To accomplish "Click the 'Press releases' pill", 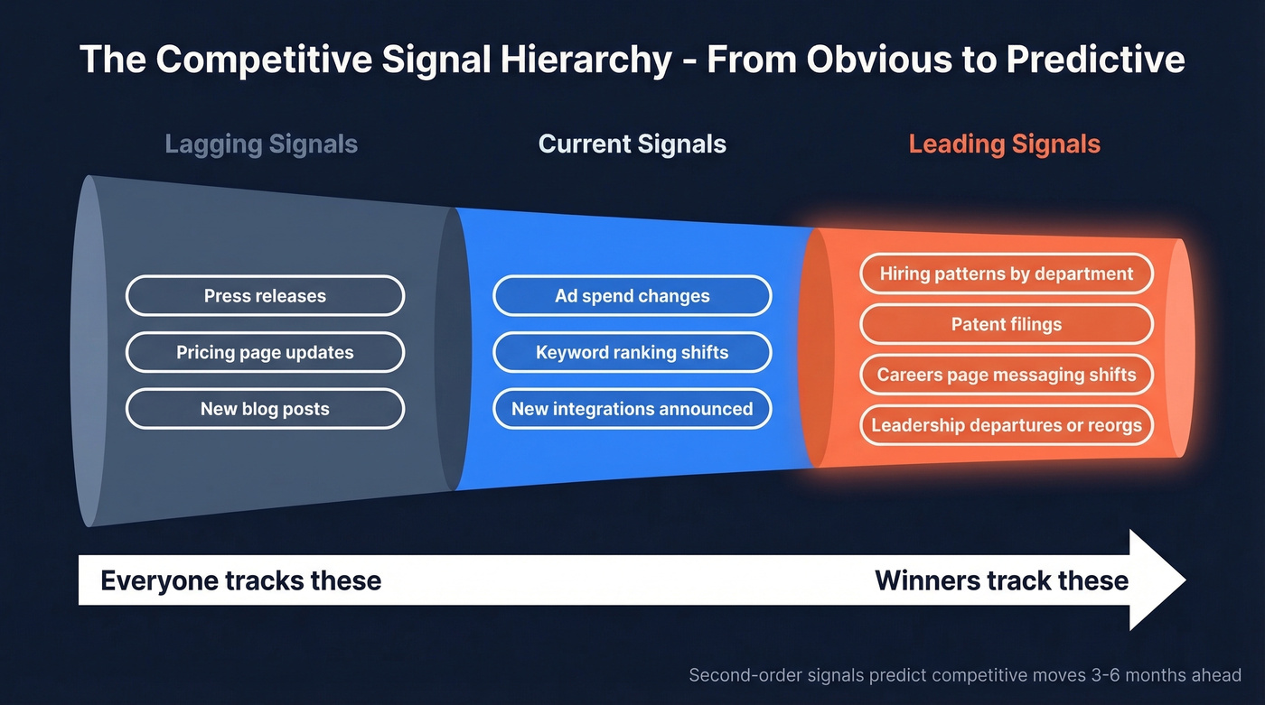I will point(265,296).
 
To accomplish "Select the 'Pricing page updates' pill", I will point(265,352).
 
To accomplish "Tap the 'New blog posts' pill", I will point(265,409).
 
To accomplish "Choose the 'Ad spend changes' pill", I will point(632,296).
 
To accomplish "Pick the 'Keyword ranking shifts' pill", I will point(632,352).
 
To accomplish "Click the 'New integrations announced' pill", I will point(632,409).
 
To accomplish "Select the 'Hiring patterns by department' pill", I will point(1006,274).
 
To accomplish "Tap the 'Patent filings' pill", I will point(1006,324).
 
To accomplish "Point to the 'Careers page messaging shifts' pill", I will point(1006,375).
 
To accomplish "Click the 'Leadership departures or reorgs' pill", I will point(1006,425).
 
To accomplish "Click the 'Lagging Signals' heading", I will point(261,144).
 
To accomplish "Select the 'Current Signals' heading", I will point(632,144).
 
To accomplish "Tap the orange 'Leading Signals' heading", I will point(1004,144).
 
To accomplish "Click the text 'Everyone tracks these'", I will point(240,580).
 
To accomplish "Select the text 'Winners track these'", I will point(1001,580).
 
